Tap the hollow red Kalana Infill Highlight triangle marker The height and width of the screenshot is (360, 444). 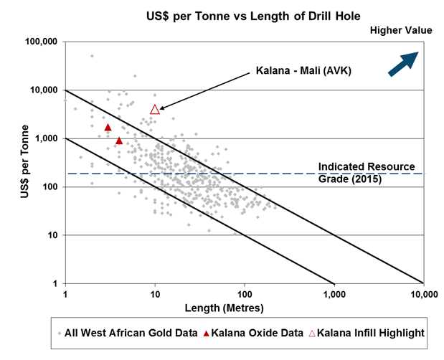(155, 110)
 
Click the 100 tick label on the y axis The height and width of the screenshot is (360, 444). (50, 187)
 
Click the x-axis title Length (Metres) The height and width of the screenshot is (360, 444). (244, 308)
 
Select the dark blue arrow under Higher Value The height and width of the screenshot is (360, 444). (402, 62)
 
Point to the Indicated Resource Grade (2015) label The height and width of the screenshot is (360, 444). (367, 173)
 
